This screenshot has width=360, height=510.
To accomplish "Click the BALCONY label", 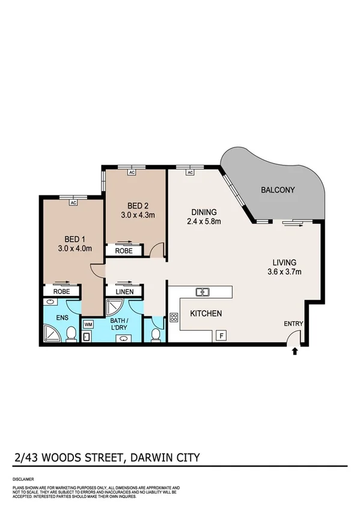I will point(278,191).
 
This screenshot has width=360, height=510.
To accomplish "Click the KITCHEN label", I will point(206,314).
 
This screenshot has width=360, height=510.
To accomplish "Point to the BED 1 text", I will point(66,238).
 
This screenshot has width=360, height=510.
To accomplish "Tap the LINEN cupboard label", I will point(124,292).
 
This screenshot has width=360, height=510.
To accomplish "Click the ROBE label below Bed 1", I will point(61,292).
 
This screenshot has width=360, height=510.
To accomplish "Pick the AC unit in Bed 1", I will point(73,203).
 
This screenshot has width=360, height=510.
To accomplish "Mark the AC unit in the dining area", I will point(189,173).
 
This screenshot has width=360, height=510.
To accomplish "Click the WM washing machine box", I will point(88,325).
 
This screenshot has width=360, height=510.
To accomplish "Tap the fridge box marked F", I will point(221,335).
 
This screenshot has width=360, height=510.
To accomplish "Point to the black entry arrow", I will point(294,351).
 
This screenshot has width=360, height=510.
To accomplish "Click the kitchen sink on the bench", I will point(203,292).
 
